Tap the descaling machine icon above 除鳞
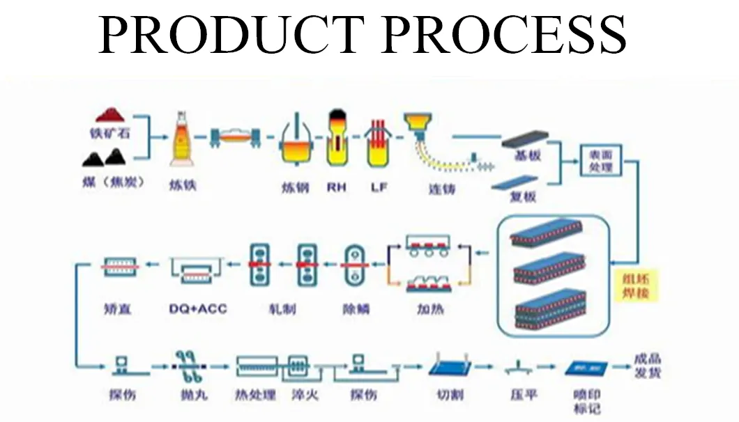[x=356, y=265]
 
